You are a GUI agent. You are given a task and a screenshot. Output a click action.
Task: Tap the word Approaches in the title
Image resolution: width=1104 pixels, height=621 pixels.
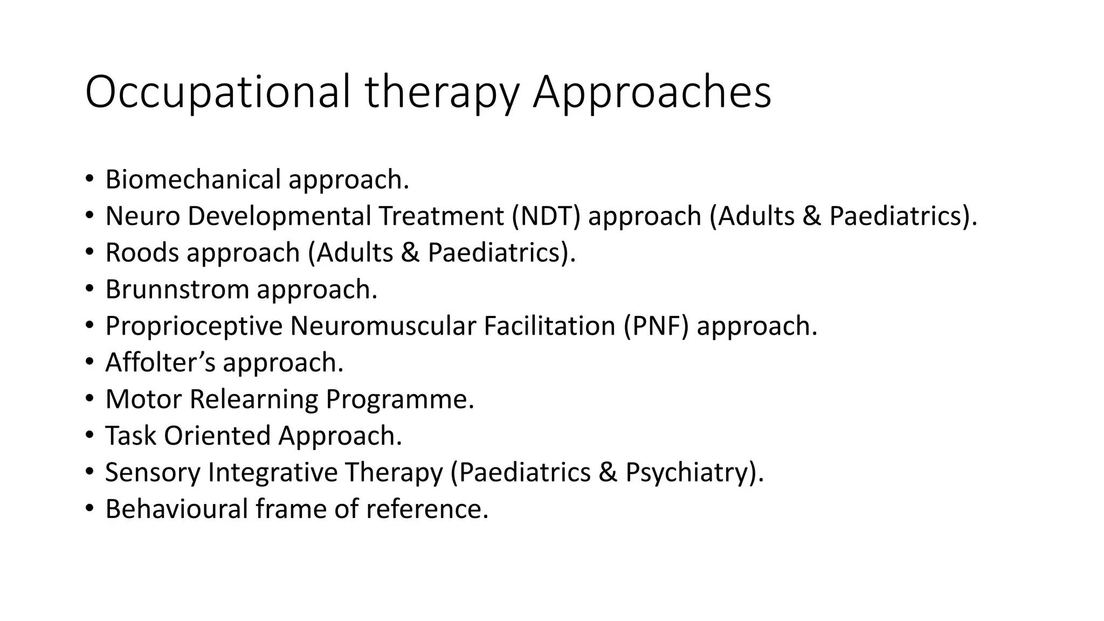652,93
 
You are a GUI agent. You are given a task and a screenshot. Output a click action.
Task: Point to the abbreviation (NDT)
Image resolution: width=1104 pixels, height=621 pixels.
546,216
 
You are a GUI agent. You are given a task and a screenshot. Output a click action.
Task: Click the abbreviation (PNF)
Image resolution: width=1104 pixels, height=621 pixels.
656,326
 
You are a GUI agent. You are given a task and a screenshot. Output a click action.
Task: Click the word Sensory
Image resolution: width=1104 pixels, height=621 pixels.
153,473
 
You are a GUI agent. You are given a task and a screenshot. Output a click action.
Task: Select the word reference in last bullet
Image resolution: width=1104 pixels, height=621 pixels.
426,509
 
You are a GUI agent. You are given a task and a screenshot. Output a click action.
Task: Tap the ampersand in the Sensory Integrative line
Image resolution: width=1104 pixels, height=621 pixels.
608,472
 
